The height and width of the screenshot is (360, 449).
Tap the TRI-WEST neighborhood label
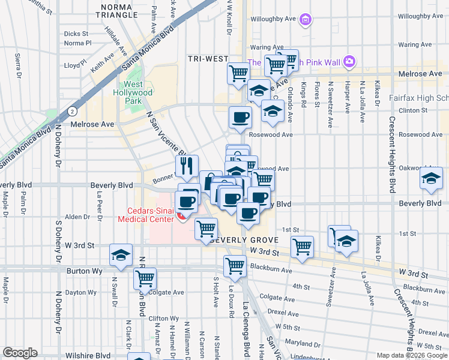tap(207, 59)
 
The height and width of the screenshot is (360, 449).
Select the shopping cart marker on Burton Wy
tap(235, 265)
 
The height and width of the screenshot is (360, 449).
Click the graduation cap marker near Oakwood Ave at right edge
tap(431, 178)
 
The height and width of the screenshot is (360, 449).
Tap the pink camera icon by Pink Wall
tap(349, 62)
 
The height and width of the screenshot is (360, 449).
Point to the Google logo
tap(20, 353)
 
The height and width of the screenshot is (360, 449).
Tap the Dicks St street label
tap(76, 34)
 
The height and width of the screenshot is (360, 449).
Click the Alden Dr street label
tap(77, 217)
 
